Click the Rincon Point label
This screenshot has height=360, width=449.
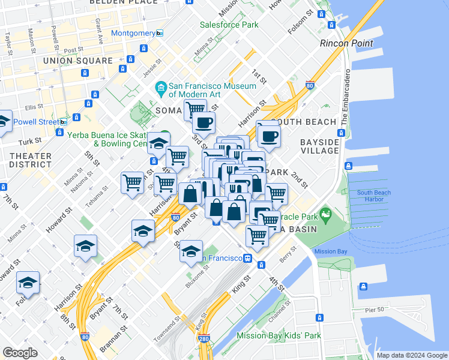click(x=346, y=43)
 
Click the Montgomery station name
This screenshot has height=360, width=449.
click(x=133, y=33)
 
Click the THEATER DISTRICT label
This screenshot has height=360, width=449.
click(x=30, y=160)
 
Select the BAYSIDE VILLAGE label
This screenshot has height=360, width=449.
click(x=320, y=146)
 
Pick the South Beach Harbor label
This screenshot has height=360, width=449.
click(x=374, y=196)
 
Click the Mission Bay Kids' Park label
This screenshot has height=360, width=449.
click(x=279, y=336)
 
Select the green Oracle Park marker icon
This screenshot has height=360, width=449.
click(x=326, y=214)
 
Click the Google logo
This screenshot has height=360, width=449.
click(x=20, y=353)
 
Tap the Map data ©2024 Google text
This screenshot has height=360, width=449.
click(x=412, y=355)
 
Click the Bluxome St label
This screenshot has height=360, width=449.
click(x=197, y=275)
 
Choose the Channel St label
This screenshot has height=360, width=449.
click(x=280, y=310)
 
